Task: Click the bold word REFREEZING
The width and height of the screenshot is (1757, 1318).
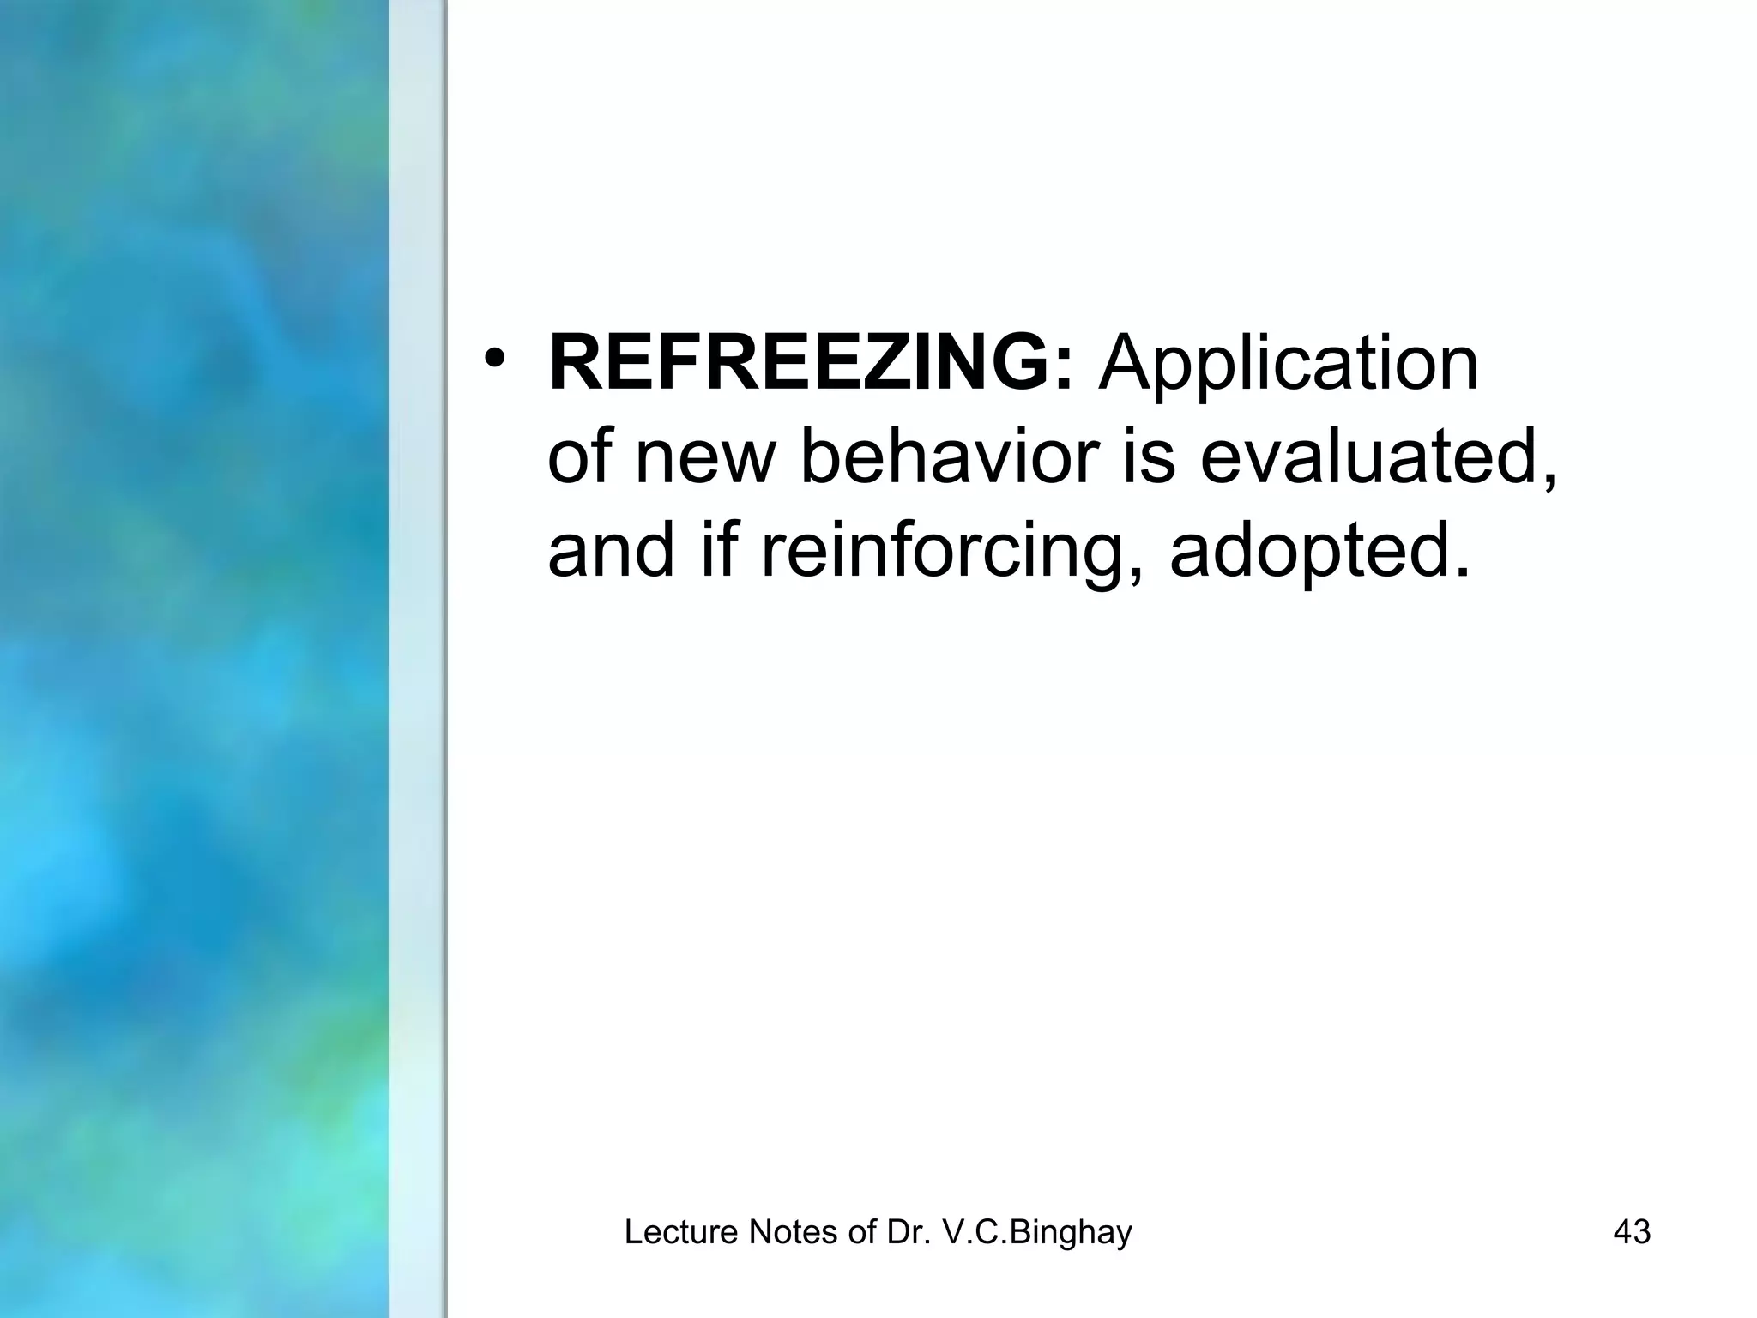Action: coord(798,364)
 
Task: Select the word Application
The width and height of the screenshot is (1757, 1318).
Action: coord(1289,366)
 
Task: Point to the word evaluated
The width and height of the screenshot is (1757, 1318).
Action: coord(1377,458)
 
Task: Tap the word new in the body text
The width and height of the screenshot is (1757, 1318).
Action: coord(704,458)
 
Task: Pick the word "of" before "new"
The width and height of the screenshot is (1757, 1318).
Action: coord(580,456)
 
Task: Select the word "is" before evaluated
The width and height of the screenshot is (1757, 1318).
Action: coord(1150,456)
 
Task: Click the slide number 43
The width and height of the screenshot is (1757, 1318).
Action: coord(1632,1232)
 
